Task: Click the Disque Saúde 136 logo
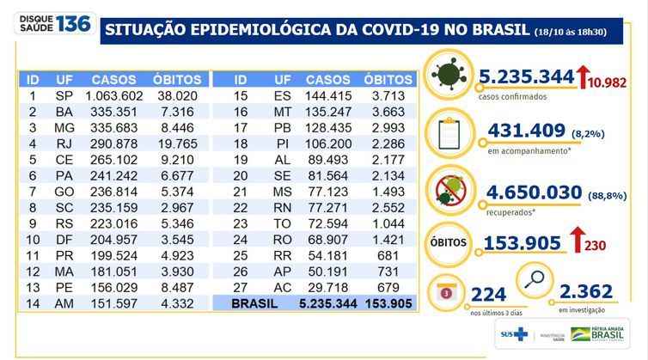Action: pyautogui.click(x=48, y=23)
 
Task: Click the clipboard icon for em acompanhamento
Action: pyautogui.click(x=452, y=133)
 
